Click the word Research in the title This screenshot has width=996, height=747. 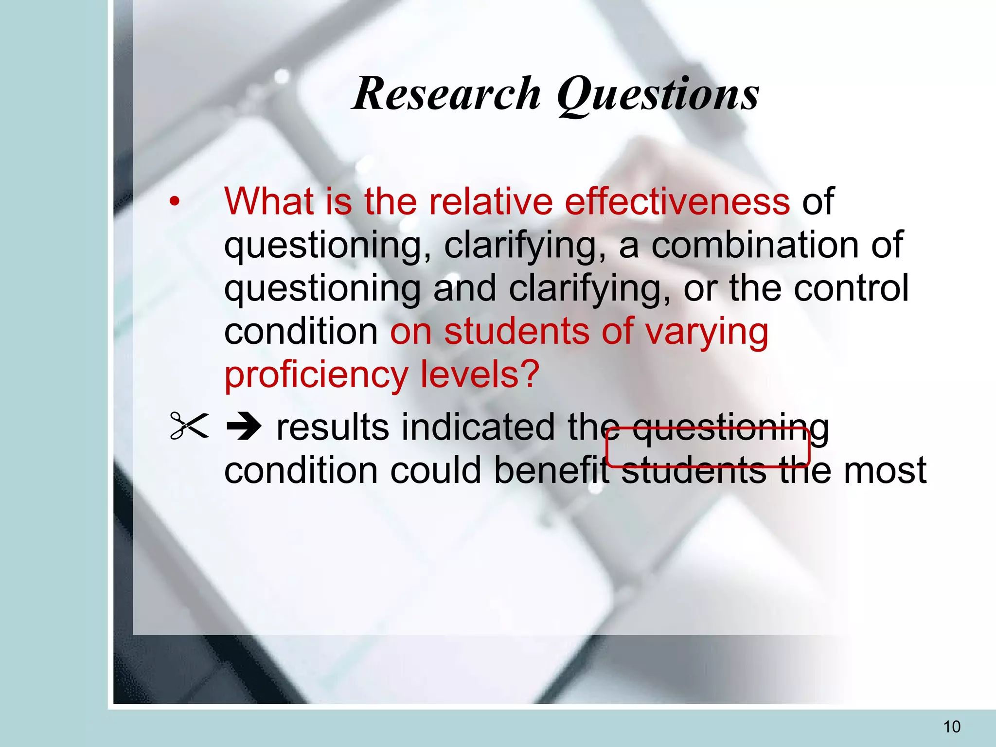tap(446, 93)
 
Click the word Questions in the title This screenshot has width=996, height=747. tap(658, 95)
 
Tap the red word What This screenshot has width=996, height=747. tap(269, 201)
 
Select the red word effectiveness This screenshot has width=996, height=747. tap(677, 201)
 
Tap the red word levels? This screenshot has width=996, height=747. tap(480, 374)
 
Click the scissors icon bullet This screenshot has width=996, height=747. tap(189, 426)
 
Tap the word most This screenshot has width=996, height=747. tap(885, 470)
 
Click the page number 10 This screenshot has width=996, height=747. tap(952, 727)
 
